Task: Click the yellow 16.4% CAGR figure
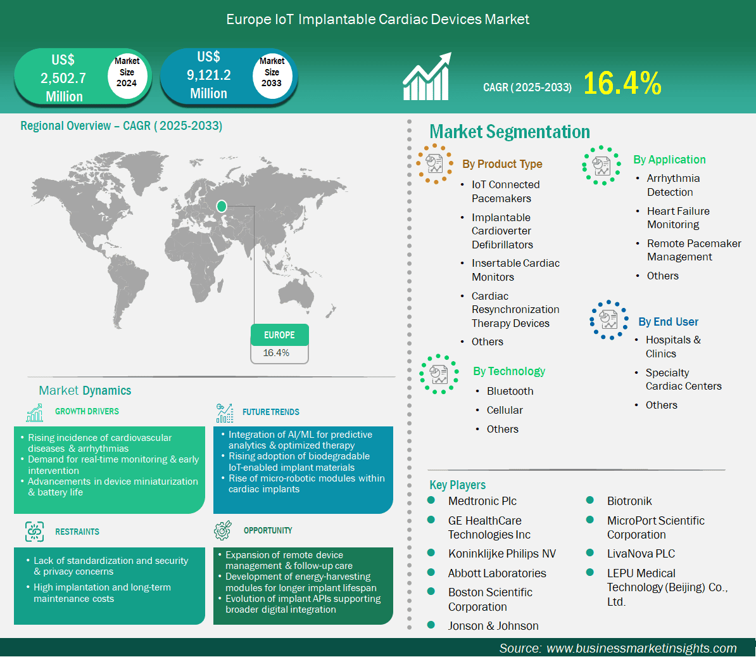click(622, 83)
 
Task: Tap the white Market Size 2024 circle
click(127, 72)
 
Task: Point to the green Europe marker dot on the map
click(222, 207)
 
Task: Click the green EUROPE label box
click(280, 335)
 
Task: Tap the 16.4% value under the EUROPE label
click(276, 353)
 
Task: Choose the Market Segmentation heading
click(510, 132)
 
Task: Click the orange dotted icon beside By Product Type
click(434, 163)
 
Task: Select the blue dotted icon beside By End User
click(608, 320)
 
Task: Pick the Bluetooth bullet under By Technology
click(510, 391)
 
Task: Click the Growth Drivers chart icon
click(35, 412)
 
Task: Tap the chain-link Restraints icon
click(34, 532)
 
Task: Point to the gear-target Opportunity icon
click(223, 530)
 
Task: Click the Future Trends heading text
click(271, 412)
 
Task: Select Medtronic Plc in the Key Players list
click(482, 501)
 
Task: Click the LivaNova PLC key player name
click(641, 554)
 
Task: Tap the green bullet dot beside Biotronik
click(589, 501)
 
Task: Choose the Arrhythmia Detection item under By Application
click(673, 185)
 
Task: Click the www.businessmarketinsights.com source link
click(642, 648)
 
